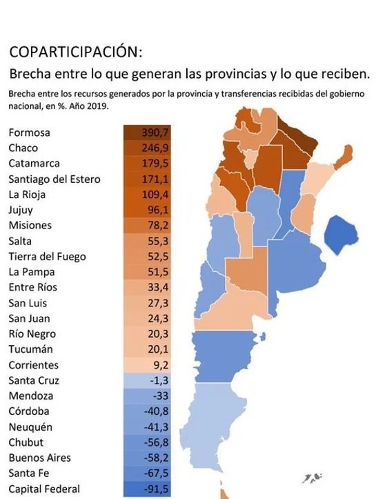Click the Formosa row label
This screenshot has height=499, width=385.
30,133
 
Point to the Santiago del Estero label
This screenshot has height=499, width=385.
55,179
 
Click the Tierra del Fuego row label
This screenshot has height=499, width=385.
47,256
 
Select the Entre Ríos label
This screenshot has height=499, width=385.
33,287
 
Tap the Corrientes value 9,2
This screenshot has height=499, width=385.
157,365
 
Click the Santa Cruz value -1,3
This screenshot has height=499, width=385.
156,380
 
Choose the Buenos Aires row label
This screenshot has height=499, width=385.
39,458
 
